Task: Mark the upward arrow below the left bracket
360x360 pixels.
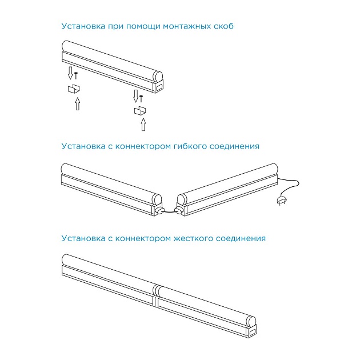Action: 78,104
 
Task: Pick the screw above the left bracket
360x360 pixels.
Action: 75,74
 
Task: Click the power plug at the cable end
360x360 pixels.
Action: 281,200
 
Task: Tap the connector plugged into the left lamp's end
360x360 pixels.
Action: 159,210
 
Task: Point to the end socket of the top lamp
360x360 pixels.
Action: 158,87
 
